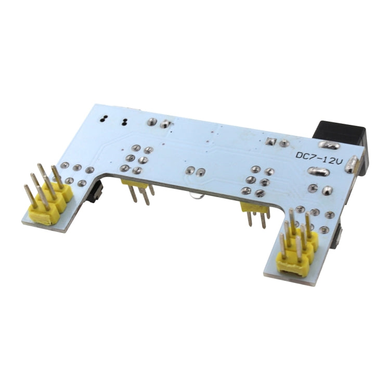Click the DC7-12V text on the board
coord(318,155)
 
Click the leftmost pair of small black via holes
coord(104,119)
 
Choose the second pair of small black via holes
coord(124,122)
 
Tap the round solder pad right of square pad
coord(284,144)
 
